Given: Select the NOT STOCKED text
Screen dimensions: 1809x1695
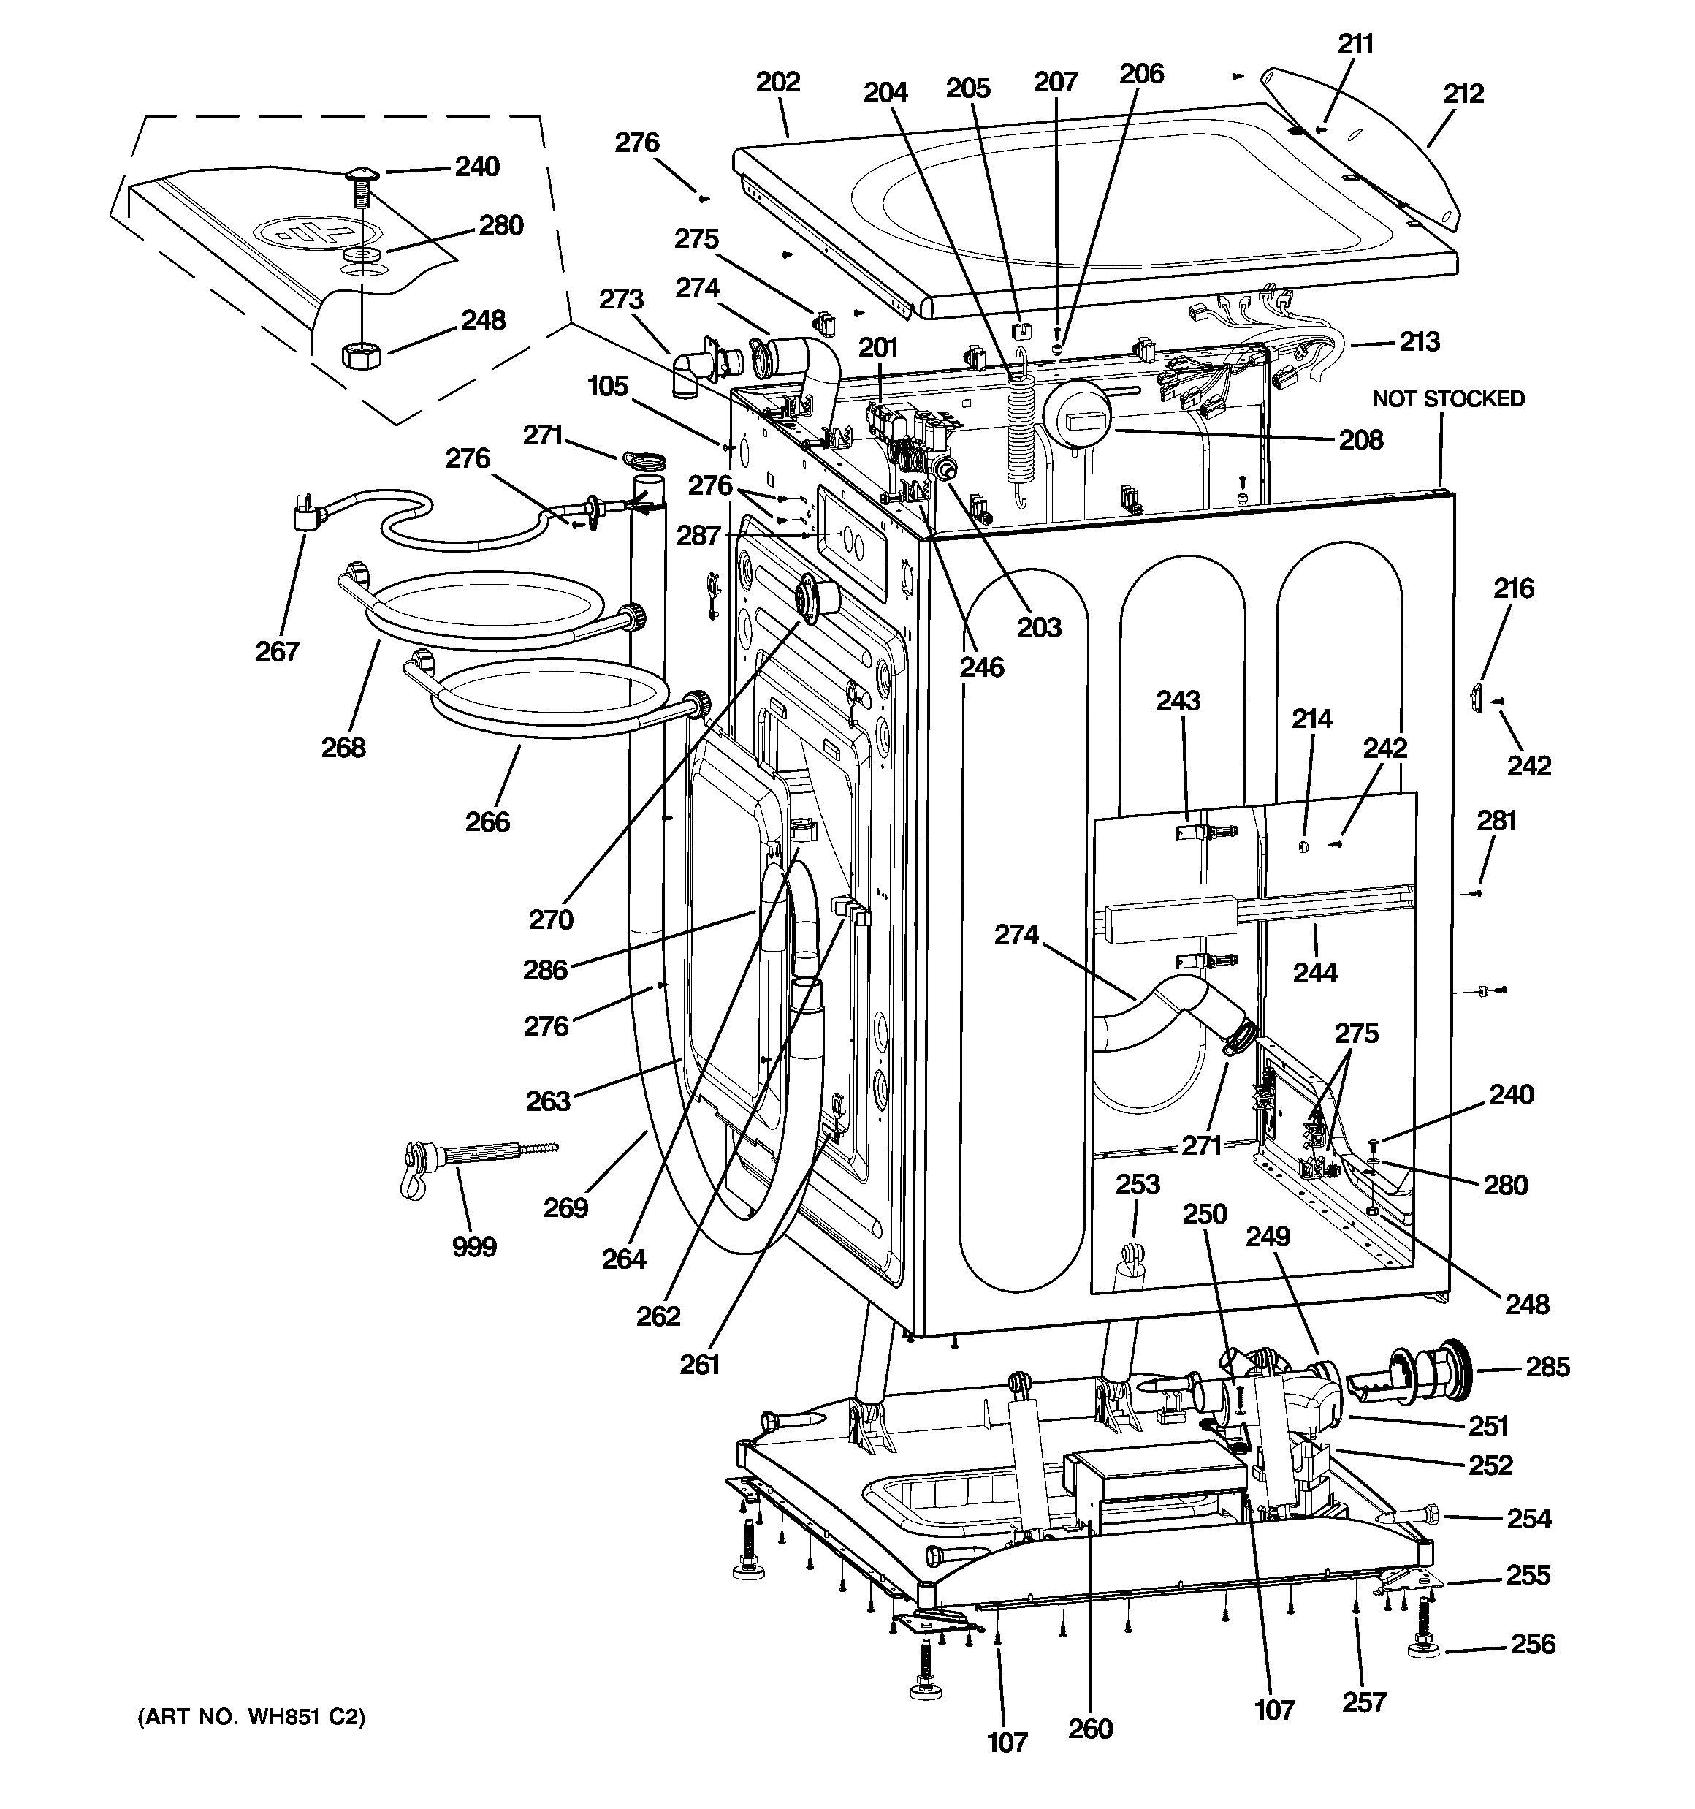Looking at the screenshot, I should pyautogui.click(x=1447, y=398).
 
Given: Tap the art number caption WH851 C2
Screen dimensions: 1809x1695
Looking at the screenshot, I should pyautogui.click(x=251, y=1717).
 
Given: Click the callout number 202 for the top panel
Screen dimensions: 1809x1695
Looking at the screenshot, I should pyautogui.click(x=778, y=82).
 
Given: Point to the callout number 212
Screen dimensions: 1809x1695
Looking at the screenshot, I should pyautogui.click(x=1463, y=94).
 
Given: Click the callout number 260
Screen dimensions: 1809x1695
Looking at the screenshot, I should pyautogui.click(x=1090, y=1728).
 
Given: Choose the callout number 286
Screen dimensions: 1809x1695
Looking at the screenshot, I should pyautogui.click(x=545, y=970).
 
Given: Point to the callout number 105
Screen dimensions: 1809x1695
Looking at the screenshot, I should pyautogui.click(x=608, y=386).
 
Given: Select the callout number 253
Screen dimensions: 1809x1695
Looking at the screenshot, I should pyautogui.click(x=1138, y=1184).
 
